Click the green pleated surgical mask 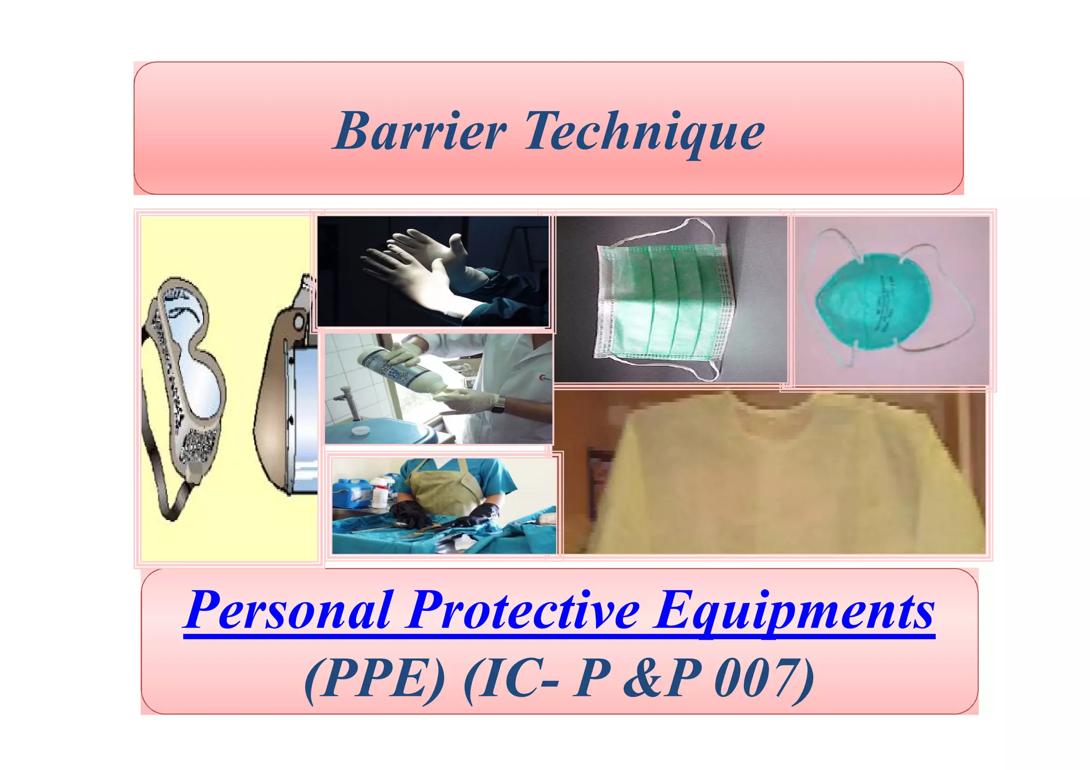point(663,301)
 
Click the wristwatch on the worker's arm point(498,404)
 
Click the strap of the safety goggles point(165,479)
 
